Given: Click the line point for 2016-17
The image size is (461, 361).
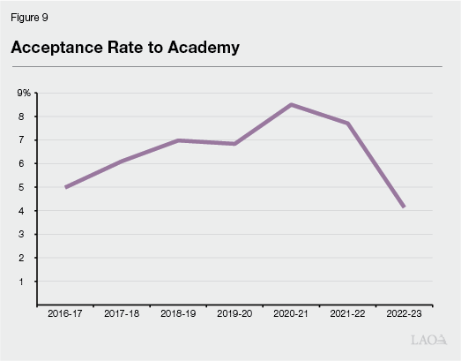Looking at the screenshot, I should [x=66, y=187].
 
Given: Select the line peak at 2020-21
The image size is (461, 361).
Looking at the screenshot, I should [x=292, y=104].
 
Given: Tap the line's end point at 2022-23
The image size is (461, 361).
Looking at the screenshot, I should [x=404, y=207].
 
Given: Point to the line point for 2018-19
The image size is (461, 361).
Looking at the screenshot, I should [x=179, y=140].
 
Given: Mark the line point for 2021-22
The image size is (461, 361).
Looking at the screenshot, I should [x=348, y=124].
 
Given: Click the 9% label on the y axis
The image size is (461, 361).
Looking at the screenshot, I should [x=24, y=93].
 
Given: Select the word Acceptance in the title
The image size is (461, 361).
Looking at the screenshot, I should [x=55, y=49].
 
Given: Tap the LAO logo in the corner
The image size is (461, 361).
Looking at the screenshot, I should [x=429, y=339].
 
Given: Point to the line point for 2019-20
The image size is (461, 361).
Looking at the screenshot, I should [x=235, y=143].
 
